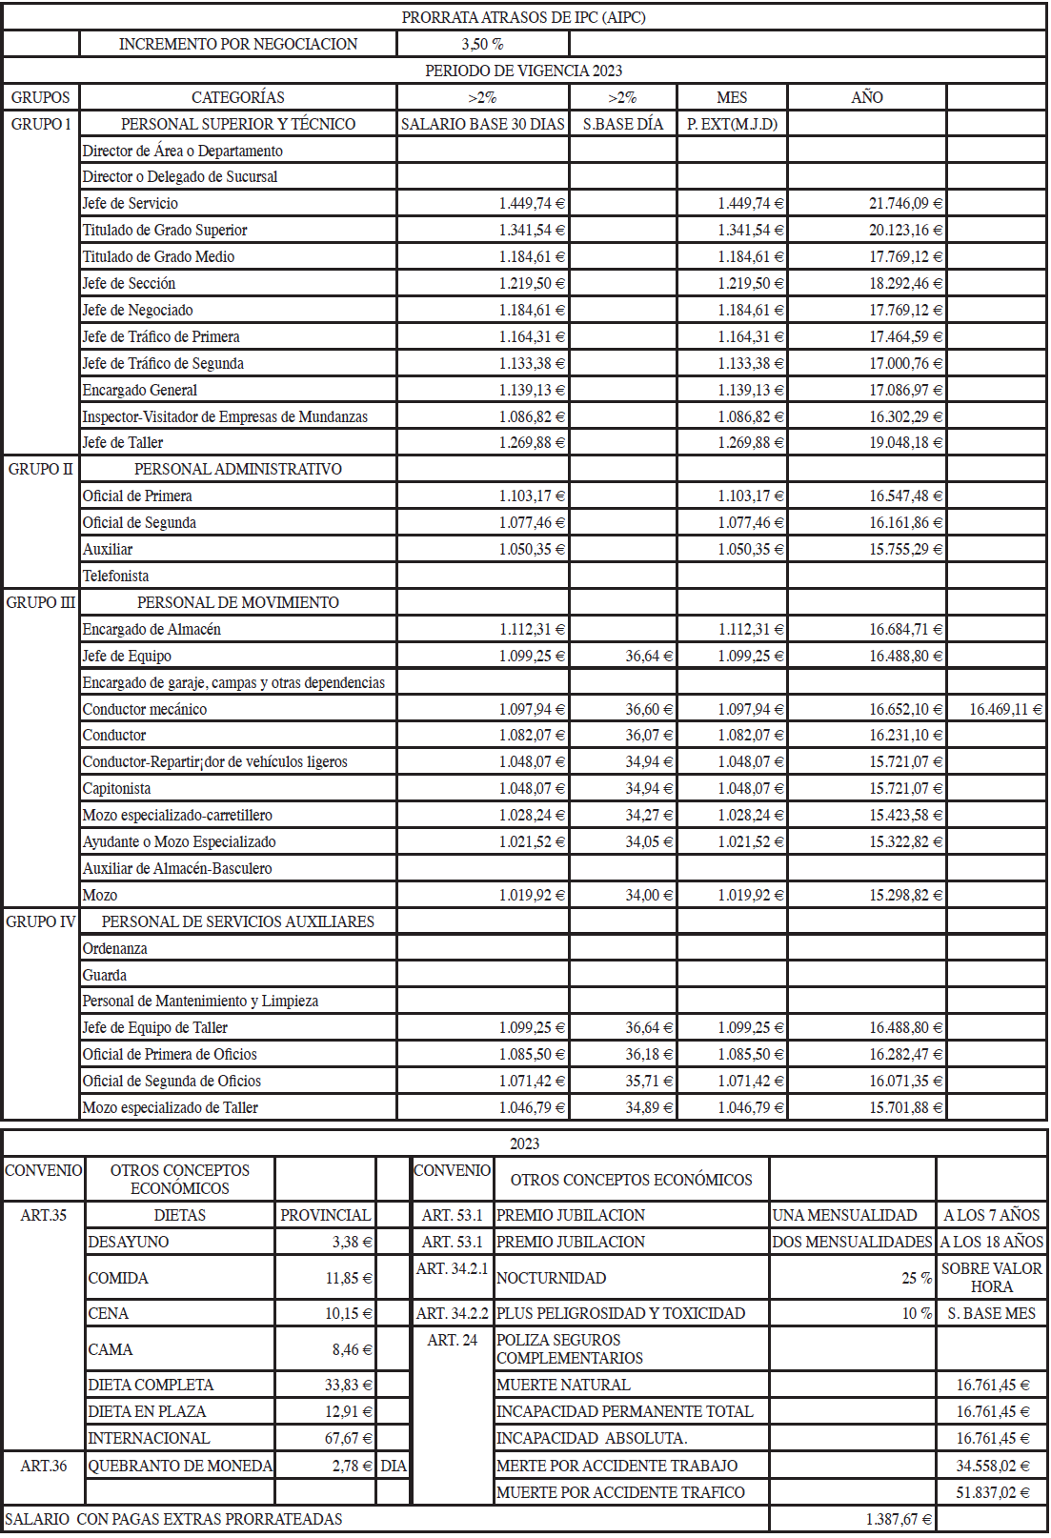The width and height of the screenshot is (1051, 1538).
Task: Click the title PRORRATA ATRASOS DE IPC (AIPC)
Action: tap(523, 17)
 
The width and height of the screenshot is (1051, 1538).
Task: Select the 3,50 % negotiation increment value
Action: tap(482, 44)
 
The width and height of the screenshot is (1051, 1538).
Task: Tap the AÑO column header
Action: tap(866, 97)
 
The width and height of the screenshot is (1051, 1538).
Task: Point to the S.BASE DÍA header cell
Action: tap(623, 124)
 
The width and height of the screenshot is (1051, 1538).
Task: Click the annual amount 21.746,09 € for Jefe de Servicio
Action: tap(905, 203)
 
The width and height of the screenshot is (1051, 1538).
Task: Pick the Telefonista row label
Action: tap(115, 576)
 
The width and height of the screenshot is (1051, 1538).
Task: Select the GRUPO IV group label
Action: tap(41, 921)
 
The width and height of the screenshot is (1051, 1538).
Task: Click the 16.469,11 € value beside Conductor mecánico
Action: tap(1005, 709)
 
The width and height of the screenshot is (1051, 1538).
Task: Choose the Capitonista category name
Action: tap(116, 788)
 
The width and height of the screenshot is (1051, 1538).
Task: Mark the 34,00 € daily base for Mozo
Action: tap(649, 895)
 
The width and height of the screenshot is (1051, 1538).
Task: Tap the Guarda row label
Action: tap(104, 975)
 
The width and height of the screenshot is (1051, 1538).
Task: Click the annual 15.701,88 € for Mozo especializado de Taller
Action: tap(905, 1107)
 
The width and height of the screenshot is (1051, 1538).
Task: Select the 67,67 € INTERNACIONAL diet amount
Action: tap(348, 1438)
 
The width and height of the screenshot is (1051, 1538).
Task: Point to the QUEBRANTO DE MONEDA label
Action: tap(180, 1466)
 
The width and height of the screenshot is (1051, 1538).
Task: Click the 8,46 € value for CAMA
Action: tap(352, 1349)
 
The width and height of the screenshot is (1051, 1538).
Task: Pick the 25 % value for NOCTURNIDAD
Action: tap(917, 1278)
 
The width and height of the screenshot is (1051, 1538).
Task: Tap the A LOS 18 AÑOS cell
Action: tap(992, 1242)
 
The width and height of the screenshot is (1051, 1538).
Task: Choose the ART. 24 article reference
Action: tap(452, 1340)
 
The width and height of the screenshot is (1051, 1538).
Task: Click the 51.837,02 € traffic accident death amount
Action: tap(993, 1492)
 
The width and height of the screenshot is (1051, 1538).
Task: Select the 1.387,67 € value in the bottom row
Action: tap(899, 1519)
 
